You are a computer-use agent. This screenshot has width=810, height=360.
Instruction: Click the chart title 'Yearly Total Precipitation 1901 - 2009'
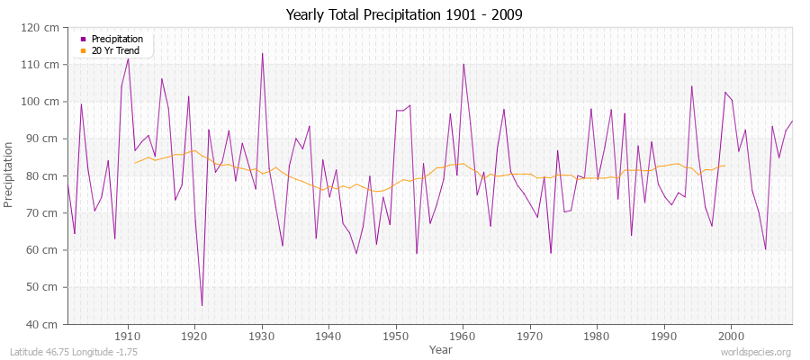404,15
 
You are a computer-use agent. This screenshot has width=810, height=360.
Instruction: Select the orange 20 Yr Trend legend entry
115,50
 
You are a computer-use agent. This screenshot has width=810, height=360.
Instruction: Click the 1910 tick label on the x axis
127,336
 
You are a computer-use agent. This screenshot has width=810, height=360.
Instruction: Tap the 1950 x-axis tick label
395,336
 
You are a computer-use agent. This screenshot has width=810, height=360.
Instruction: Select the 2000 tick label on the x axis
730,336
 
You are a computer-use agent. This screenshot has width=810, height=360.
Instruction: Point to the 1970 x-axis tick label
529,336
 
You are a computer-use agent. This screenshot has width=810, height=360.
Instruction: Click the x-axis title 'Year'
441,348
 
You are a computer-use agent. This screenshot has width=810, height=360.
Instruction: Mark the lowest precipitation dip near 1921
202,306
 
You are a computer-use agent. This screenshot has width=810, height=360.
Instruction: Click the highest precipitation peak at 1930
262,53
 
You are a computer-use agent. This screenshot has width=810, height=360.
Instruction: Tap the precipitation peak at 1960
463,64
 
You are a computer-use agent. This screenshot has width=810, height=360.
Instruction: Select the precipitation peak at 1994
691,86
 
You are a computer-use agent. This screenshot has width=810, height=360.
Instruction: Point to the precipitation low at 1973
551,253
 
